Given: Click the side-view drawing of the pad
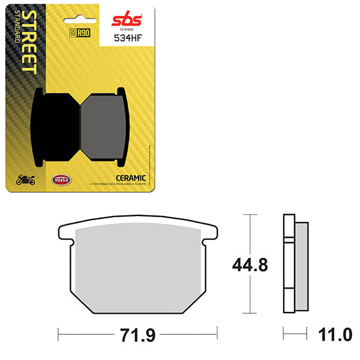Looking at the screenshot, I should point(295,263).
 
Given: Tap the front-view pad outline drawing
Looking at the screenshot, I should point(138,267).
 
